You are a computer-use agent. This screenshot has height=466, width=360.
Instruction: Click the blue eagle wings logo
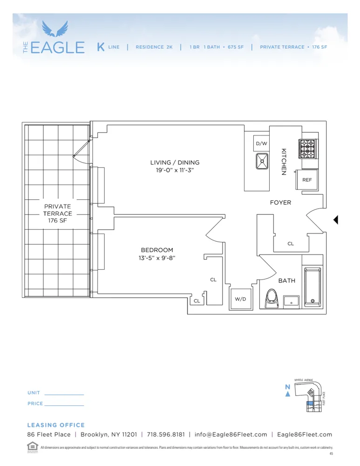pyautogui.click(x=55, y=29)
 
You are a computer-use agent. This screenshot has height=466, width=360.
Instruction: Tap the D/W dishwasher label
pyautogui.click(x=261, y=144)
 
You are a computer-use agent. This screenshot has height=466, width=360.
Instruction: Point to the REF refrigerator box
pyautogui.click(x=307, y=180)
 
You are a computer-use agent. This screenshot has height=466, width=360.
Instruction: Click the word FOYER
pyautogui.click(x=280, y=203)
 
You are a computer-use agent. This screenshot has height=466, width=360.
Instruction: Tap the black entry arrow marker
pyautogui.click(x=335, y=220)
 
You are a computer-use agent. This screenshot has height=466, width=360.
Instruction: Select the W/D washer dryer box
pyautogui.click(x=241, y=299)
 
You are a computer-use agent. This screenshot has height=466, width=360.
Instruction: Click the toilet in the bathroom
pyautogui.click(x=271, y=299)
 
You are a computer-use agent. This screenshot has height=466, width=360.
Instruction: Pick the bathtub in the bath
pyautogui.click(x=312, y=287)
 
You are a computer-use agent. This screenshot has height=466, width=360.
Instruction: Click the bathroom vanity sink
pyautogui.click(x=292, y=301)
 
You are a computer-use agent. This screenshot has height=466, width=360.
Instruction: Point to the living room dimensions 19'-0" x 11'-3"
pyautogui.click(x=175, y=171)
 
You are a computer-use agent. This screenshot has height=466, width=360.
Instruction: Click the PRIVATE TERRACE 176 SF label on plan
pyautogui.click(x=57, y=213)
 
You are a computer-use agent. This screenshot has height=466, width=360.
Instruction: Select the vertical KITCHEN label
pyautogui.click(x=283, y=162)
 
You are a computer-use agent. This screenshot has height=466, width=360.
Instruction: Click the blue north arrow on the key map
pyautogui.click(x=288, y=394)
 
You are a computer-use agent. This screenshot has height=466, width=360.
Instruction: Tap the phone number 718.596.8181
pyautogui.click(x=166, y=435)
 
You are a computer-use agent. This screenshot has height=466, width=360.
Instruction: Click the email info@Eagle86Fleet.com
pyautogui.click(x=231, y=435)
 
